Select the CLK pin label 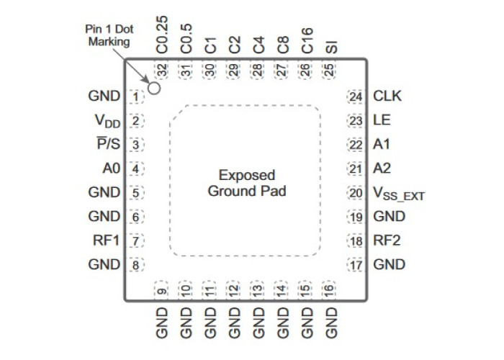(387, 96)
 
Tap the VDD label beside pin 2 (107, 121)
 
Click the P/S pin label (109, 144)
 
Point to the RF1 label (106, 240)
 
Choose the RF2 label (387, 240)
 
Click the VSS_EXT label (399, 194)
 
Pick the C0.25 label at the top (162, 35)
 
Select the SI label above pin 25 (331, 47)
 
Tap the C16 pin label (307, 40)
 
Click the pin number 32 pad (162, 70)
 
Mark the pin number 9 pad (162, 290)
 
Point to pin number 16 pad (328, 290)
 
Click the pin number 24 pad (356, 96)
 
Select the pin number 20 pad (356, 193)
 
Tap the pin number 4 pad (136, 168)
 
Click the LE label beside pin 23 (382, 120)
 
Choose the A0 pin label (111, 168)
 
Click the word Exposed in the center (247, 175)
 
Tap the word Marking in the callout (109, 42)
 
